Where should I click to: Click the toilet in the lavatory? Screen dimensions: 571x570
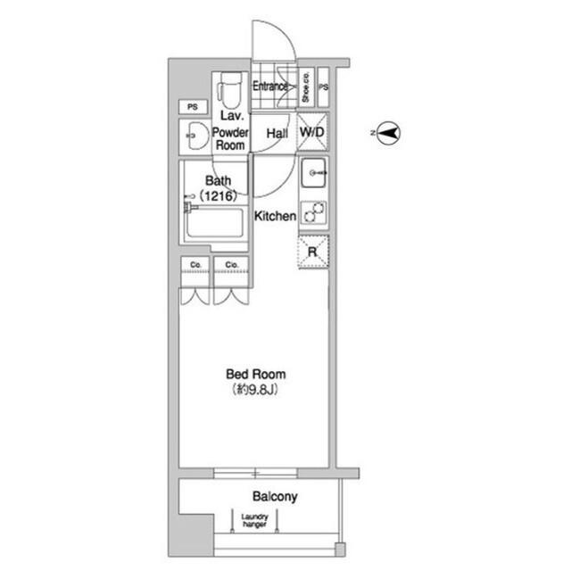[x=229, y=90]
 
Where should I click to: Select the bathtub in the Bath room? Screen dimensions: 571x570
[x=214, y=223]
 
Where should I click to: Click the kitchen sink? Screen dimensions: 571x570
[x=313, y=172]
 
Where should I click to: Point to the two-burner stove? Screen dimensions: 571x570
[x=313, y=212]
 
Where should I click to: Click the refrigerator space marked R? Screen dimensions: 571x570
[x=313, y=252]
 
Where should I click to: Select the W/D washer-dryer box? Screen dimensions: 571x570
[x=312, y=132]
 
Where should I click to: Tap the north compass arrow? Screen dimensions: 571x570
[x=388, y=133]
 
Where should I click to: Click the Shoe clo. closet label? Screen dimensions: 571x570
[x=306, y=87]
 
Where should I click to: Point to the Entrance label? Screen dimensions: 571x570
[x=269, y=87]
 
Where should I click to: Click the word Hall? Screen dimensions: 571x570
[x=277, y=134]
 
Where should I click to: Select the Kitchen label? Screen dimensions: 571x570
[x=275, y=216]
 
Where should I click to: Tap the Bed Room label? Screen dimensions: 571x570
[x=256, y=374]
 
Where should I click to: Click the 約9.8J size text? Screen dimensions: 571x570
[x=255, y=390]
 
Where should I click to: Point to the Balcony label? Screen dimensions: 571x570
[x=275, y=497]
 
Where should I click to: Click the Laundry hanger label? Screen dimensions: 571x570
[x=254, y=521]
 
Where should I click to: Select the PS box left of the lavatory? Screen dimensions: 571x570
[x=193, y=107]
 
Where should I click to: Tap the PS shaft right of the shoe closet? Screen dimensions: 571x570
[x=323, y=87]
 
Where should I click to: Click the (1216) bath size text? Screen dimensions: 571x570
[x=219, y=196]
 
